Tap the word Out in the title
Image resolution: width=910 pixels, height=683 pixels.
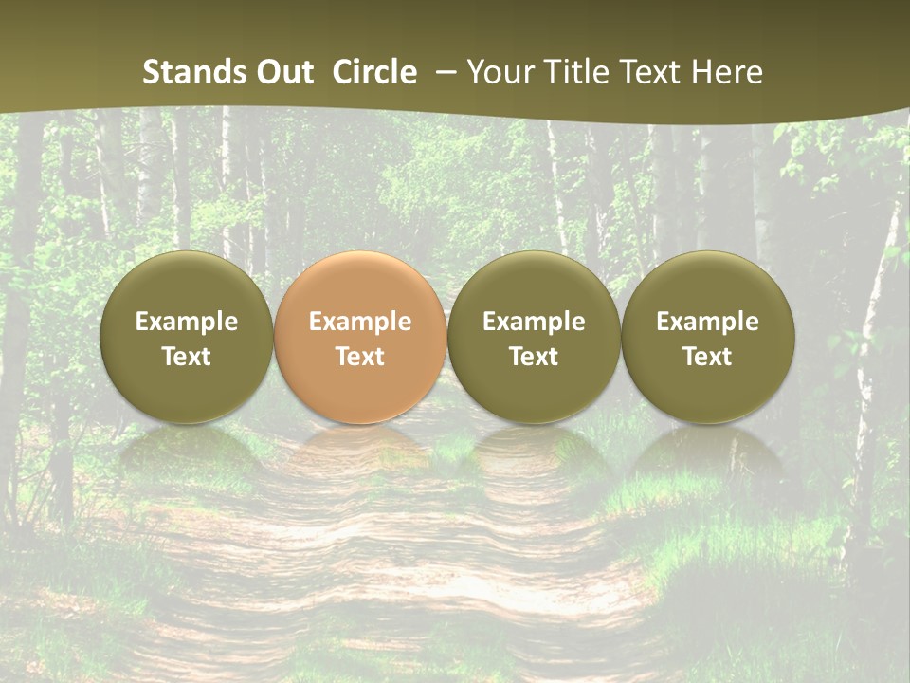282,72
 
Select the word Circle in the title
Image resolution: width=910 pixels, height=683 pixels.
374,72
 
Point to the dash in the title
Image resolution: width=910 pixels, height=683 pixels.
443,72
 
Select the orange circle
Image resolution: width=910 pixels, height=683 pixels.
360,337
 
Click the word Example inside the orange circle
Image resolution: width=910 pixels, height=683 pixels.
360,322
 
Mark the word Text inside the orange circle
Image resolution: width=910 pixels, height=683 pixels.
360,357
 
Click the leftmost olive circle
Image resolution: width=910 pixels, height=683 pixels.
186,337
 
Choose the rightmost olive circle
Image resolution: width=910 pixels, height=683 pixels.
707,337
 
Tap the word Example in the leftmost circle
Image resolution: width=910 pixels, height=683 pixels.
186,322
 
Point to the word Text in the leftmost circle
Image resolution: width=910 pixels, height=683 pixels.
186,357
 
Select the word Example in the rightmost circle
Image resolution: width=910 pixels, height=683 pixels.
707,322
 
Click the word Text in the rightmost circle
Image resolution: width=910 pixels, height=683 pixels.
707,357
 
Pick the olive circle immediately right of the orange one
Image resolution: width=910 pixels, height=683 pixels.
534,337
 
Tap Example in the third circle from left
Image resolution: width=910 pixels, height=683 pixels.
534,322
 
